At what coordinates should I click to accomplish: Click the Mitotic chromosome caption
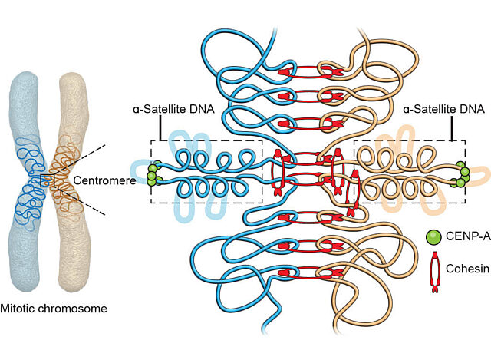point(54,309)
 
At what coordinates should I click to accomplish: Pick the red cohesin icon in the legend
point(433,270)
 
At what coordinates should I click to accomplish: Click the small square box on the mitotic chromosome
point(48,180)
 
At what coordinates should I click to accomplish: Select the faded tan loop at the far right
point(479,173)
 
